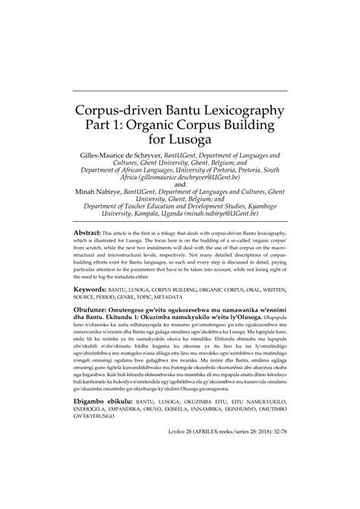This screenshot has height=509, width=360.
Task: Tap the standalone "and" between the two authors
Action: (179, 184)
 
